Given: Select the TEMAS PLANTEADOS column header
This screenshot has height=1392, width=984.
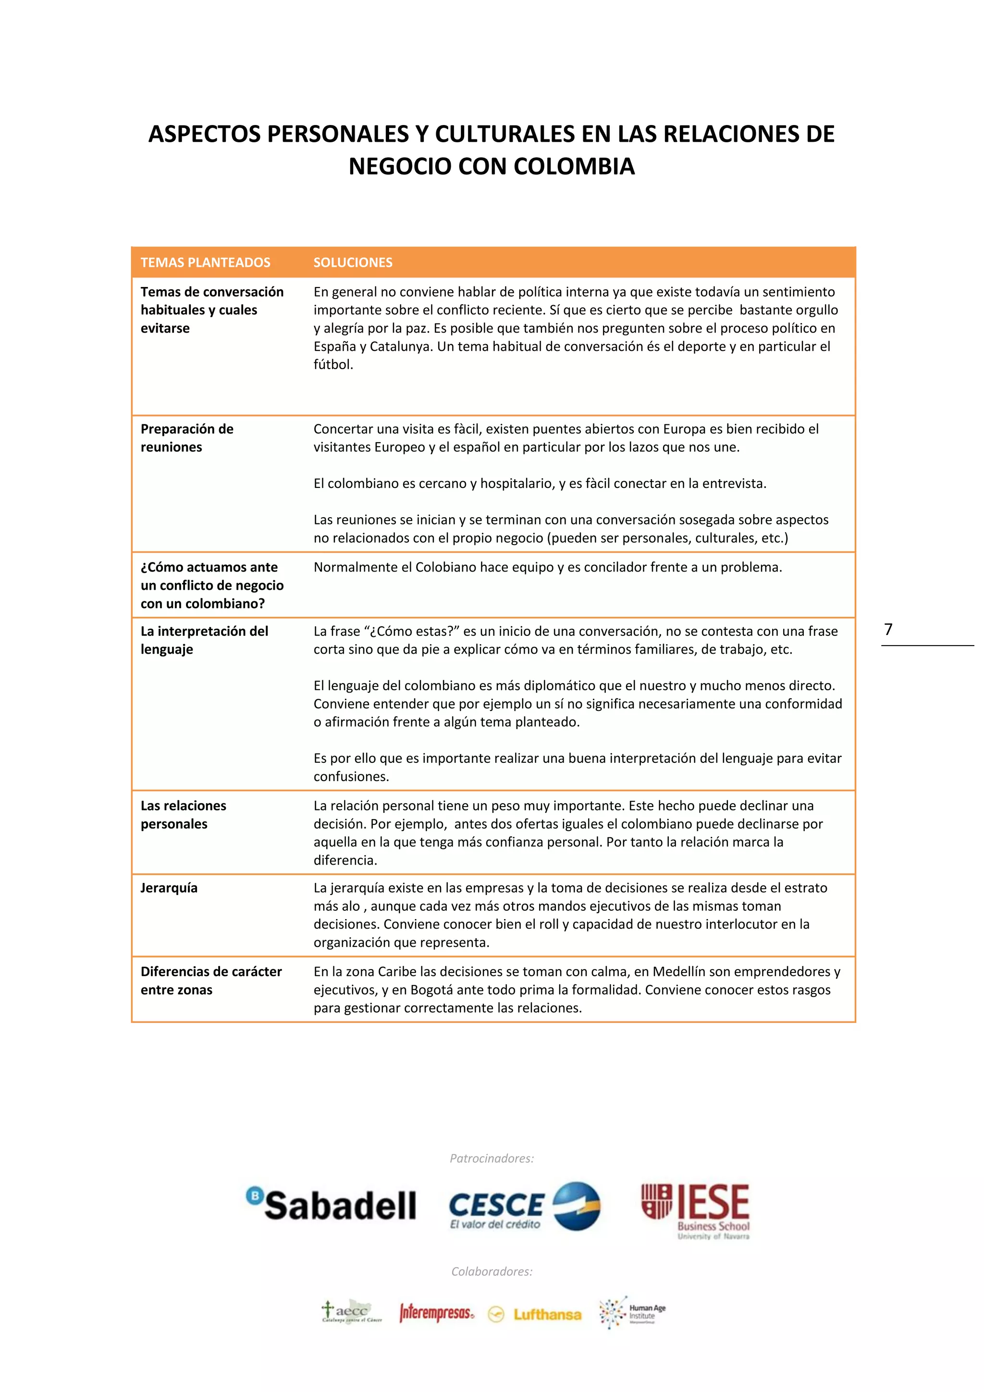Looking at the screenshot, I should [x=206, y=262].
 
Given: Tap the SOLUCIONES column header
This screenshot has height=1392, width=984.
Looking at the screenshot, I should [x=353, y=262].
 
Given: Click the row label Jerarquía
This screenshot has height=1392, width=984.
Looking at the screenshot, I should [x=169, y=888].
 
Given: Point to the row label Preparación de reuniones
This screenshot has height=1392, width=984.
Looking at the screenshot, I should [x=186, y=438].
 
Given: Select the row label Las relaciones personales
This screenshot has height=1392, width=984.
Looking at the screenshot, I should [x=183, y=815].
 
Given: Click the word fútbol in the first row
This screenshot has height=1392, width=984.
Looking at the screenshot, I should [x=332, y=364].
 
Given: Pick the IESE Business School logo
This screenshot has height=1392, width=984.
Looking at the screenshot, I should [x=696, y=1210].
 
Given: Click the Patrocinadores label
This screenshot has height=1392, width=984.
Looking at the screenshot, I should [x=492, y=1158].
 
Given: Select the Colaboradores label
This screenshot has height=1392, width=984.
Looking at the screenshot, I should [x=492, y=1271].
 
